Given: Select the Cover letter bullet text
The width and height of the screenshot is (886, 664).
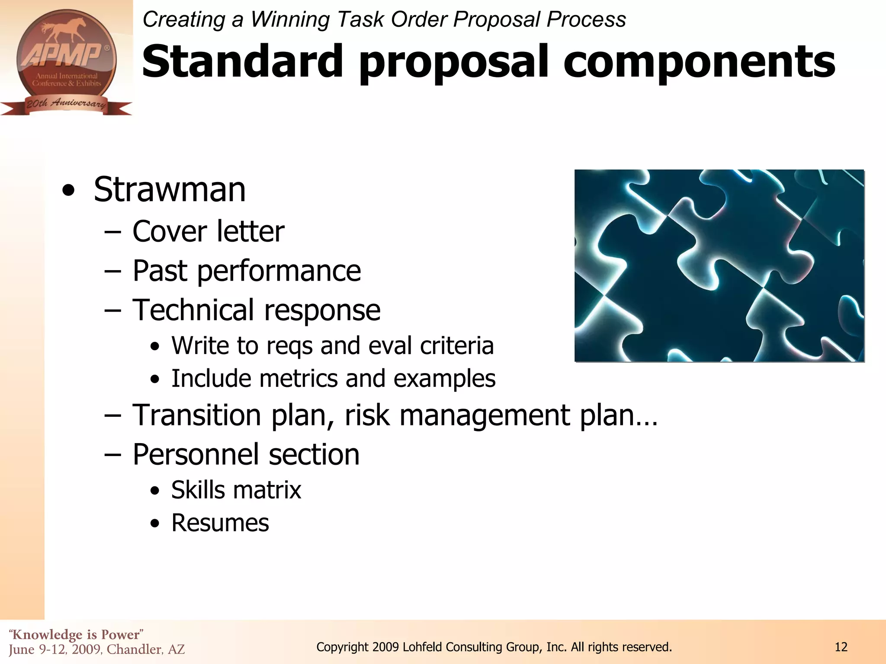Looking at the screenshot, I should (x=208, y=231).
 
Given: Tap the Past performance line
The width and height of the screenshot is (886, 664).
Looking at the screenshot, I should (x=247, y=271).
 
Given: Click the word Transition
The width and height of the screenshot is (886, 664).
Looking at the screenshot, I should (x=197, y=415).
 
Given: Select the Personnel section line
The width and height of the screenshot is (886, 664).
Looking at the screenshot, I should (x=246, y=454).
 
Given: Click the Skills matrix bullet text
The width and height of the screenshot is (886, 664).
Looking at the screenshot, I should (x=236, y=490).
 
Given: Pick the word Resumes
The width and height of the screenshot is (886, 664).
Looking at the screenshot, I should (x=220, y=523).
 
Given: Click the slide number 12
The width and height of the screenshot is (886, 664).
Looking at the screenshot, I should (x=841, y=647).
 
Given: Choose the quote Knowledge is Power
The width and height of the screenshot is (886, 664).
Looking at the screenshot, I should (x=76, y=635).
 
